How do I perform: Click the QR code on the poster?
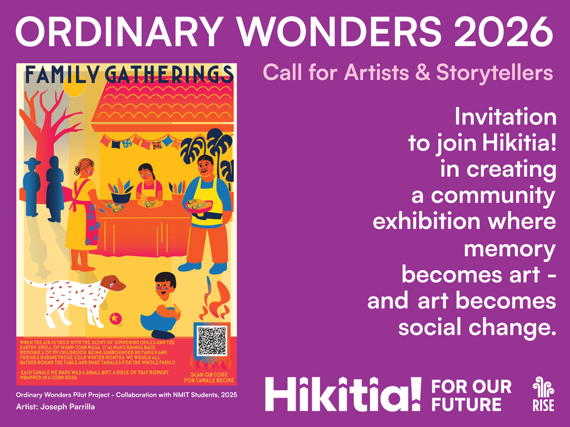(212, 341)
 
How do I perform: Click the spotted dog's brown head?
(114, 283)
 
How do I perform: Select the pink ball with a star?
(115, 318)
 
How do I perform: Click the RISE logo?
(543, 394)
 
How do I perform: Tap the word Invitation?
(505, 117)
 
